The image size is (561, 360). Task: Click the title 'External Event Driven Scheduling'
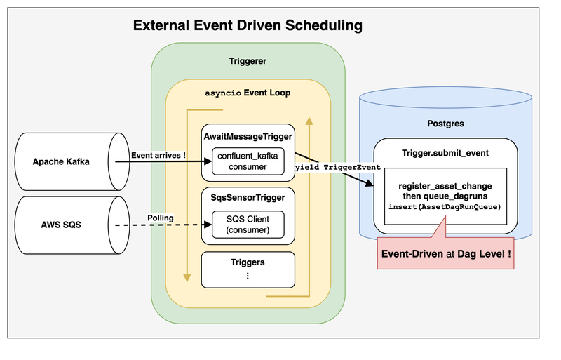[248, 26]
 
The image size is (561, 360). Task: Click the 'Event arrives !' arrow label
[158, 155]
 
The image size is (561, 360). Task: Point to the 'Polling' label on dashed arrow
[161, 218]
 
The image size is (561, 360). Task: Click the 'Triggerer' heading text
[248, 62]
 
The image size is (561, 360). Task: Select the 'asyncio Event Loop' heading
[248, 93]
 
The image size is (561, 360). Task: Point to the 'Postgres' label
[445, 124]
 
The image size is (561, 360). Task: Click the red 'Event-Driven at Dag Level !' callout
[445, 253]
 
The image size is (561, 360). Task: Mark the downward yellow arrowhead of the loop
[187, 276]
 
